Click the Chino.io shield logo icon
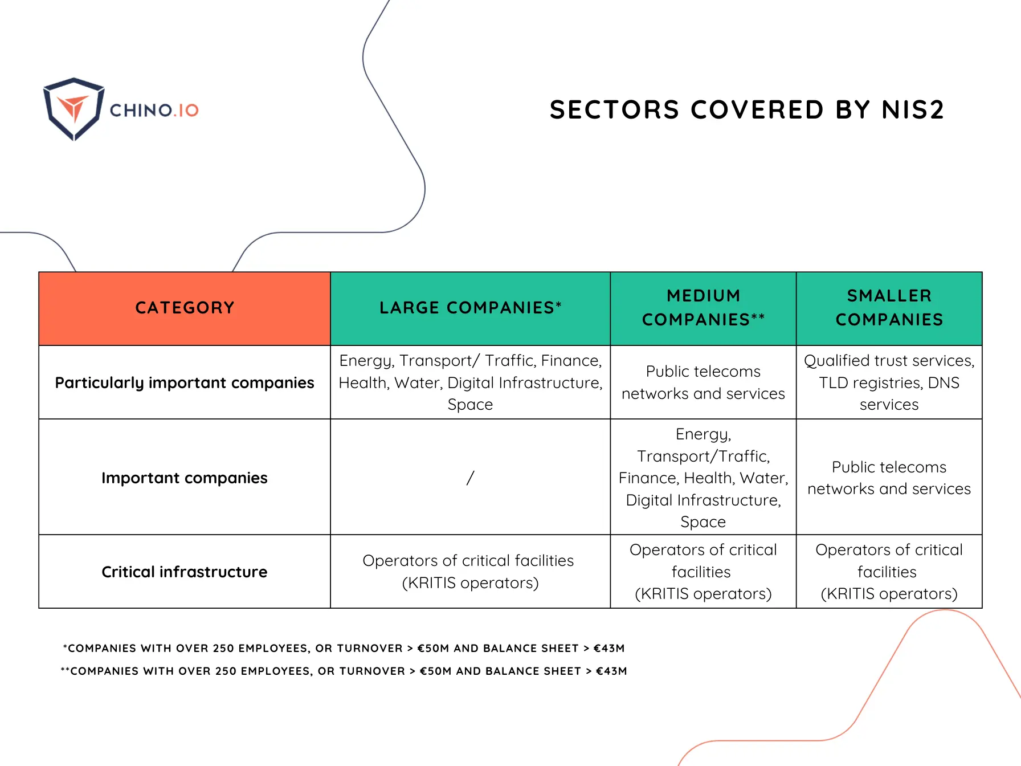pos(73,108)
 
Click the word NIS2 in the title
pos(913,109)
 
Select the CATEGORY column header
pos(185,308)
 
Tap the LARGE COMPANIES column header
pos(470,308)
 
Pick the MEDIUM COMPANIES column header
pos(703,308)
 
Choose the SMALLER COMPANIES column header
pos(889,308)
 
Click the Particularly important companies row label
pos(185,382)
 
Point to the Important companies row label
pos(185,478)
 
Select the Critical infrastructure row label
pos(185,572)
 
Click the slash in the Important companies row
pos(470,478)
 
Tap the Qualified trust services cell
pos(889,382)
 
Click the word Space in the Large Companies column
pos(470,405)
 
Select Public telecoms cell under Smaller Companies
pos(889,478)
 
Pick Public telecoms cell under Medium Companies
pos(703,382)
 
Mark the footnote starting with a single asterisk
pos(344,649)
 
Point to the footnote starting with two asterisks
pos(344,671)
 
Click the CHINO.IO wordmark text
pos(154,110)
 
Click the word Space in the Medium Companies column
pos(703,522)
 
